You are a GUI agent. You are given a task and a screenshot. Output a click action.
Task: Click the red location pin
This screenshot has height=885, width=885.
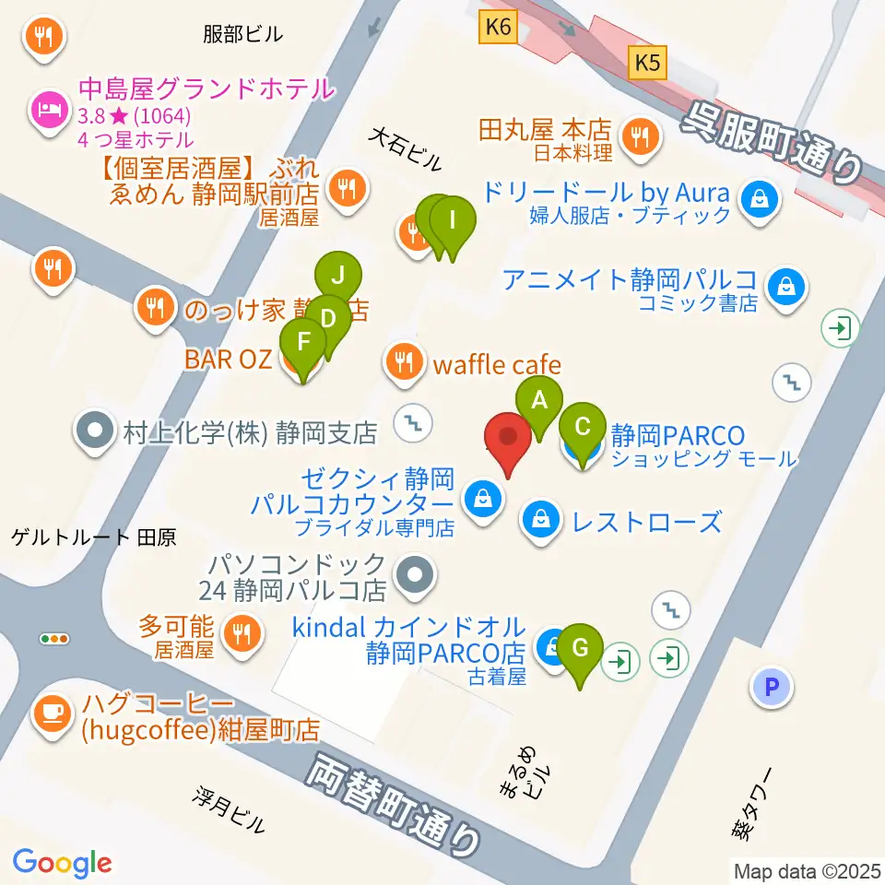(x=508, y=441)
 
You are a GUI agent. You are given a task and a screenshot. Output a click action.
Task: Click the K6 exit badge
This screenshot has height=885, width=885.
(x=496, y=29)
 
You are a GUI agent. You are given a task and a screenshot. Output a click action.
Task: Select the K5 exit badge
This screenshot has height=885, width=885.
(x=647, y=62)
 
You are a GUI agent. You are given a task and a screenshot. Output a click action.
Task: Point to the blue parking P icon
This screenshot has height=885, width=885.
(x=772, y=686)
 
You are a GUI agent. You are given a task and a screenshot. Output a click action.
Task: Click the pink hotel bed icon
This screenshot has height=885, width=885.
(x=45, y=111)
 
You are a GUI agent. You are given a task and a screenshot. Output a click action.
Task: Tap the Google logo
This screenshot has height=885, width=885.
(x=62, y=862)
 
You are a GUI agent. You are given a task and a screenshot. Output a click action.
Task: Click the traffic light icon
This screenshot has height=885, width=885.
(x=54, y=638)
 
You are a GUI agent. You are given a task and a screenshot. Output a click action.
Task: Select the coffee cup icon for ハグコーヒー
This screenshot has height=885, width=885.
(x=53, y=712)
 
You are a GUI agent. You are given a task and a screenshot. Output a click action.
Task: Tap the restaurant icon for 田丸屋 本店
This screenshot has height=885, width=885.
(x=639, y=136)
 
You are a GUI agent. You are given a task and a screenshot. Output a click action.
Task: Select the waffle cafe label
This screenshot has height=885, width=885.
(x=496, y=365)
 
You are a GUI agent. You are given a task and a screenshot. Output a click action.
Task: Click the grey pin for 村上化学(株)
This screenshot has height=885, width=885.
(x=96, y=431)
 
